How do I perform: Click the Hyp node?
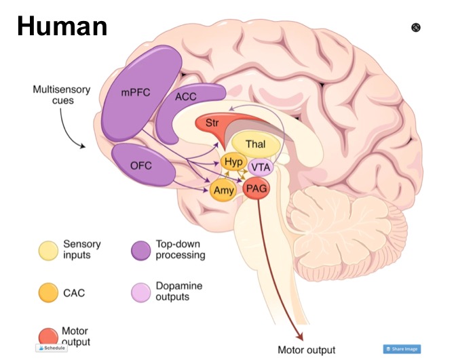pyautogui.click(x=233, y=163)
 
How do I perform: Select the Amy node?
pyautogui.click(x=223, y=191)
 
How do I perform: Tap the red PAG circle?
pyautogui.click(x=257, y=188)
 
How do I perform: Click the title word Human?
pyautogui.click(x=62, y=25)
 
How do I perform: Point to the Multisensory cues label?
pyautogui.click(x=58, y=95)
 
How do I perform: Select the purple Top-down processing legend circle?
pyautogui.click(x=140, y=249)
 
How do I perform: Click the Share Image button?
pyautogui.click(x=402, y=349)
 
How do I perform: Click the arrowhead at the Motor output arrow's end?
pyautogui.click(x=298, y=337)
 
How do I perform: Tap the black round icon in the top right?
pyautogui.click(x=416, y=27)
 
